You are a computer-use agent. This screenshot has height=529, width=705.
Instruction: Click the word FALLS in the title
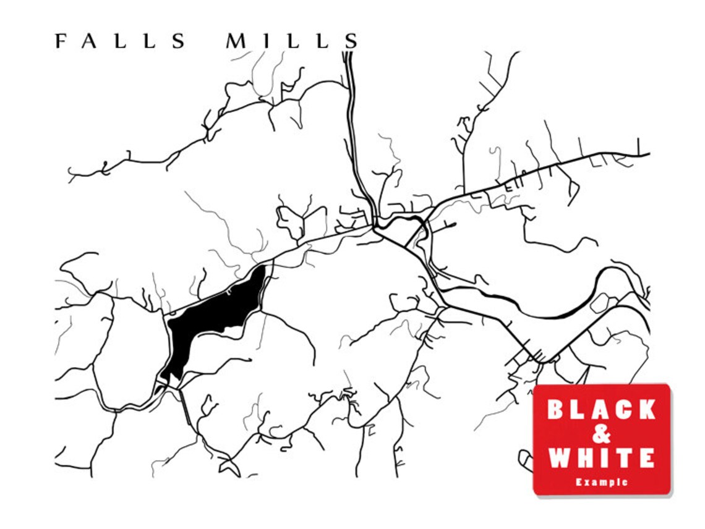(x=121, y=41)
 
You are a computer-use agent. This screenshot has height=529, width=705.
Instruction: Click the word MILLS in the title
(x=292, y=41)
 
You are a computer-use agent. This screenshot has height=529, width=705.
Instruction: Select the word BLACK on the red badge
(x=601, y=409)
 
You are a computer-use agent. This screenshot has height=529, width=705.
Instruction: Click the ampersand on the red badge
(x=601, y=434)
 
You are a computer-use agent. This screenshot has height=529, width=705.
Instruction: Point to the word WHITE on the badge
(x=601, y=459)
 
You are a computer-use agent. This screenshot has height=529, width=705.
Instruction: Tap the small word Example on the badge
(x=601, y=482)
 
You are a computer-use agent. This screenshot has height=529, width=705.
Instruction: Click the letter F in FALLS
(x=60, y=41)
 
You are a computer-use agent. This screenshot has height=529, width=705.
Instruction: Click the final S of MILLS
(x=351, y=41)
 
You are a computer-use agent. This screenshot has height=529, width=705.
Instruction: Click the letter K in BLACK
(x=645, y=409)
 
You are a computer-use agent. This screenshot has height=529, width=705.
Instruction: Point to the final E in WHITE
(x=646, y=459)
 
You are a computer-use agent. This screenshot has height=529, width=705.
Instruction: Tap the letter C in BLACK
(x=623, y=409)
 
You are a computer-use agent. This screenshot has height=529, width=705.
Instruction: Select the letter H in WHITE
(x=583, y=459)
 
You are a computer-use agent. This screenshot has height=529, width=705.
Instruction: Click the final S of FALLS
(x=179, y=41)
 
